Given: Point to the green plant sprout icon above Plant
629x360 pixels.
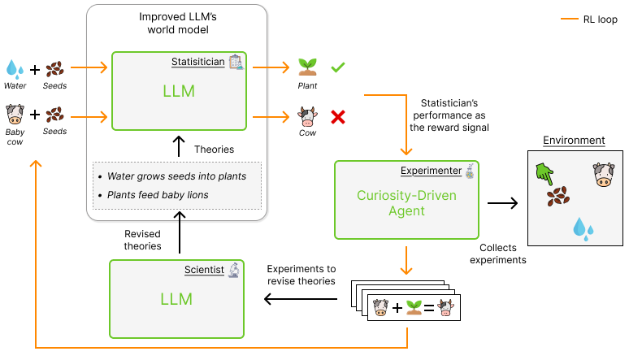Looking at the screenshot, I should click(x=307, y=67).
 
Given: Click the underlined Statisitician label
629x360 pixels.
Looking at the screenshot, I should click(x=197, y=62).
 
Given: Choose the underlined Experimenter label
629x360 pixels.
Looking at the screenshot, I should click(x=431, y=171).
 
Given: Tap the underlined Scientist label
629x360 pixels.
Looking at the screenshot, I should click(x=204, y=270).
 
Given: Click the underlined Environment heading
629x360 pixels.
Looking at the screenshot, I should click(x=574, y=141).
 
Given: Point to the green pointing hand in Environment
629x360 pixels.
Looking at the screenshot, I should click(x=544, y=172).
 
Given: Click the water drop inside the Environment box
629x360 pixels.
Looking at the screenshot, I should click(x=580, y=228).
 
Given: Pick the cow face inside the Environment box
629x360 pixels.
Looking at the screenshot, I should click(x=601, y=174).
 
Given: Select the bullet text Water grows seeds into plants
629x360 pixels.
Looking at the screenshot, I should click(x=176, y=176).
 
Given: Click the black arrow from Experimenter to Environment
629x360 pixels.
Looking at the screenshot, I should click(x=501, y=201).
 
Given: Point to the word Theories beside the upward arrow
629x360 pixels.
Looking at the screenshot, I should click(x=215, y=149).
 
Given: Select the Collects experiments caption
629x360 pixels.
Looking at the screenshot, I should click(x=498, y=254).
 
